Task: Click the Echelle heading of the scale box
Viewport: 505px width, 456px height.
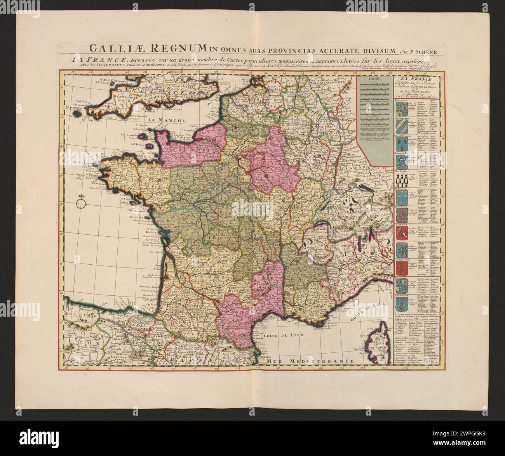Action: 375,78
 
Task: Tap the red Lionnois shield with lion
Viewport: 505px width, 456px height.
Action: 401,232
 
